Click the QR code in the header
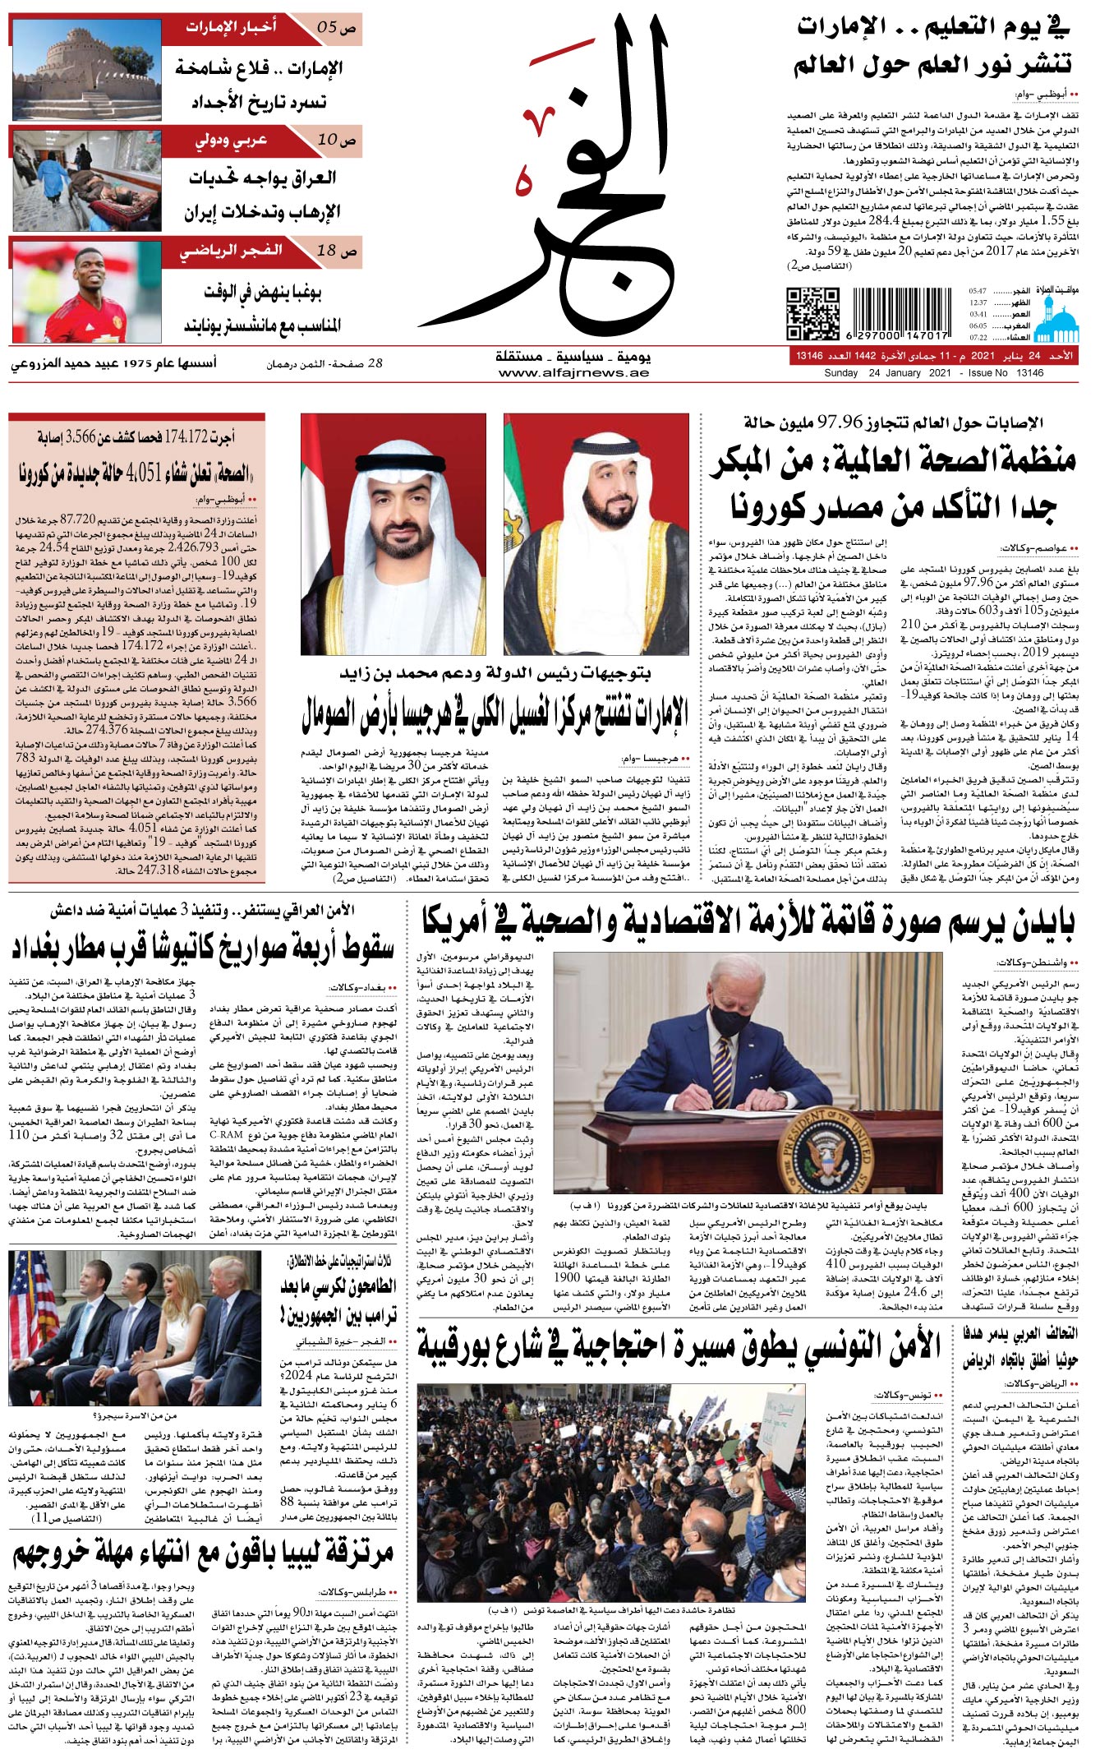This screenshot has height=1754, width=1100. click(x=812, y=313)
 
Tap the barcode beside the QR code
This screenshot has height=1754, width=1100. click(x=901, y=313)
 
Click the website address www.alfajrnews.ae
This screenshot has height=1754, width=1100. click(x=573, y=373)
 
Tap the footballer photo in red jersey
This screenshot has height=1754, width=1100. click(x=86, y=291)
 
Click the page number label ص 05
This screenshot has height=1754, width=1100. click(x=337, y=27)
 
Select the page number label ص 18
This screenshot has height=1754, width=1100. click(x=337, y=251)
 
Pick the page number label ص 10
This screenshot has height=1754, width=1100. click(x=337, y=140)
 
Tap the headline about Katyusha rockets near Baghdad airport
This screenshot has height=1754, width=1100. click(x=203, y=948)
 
